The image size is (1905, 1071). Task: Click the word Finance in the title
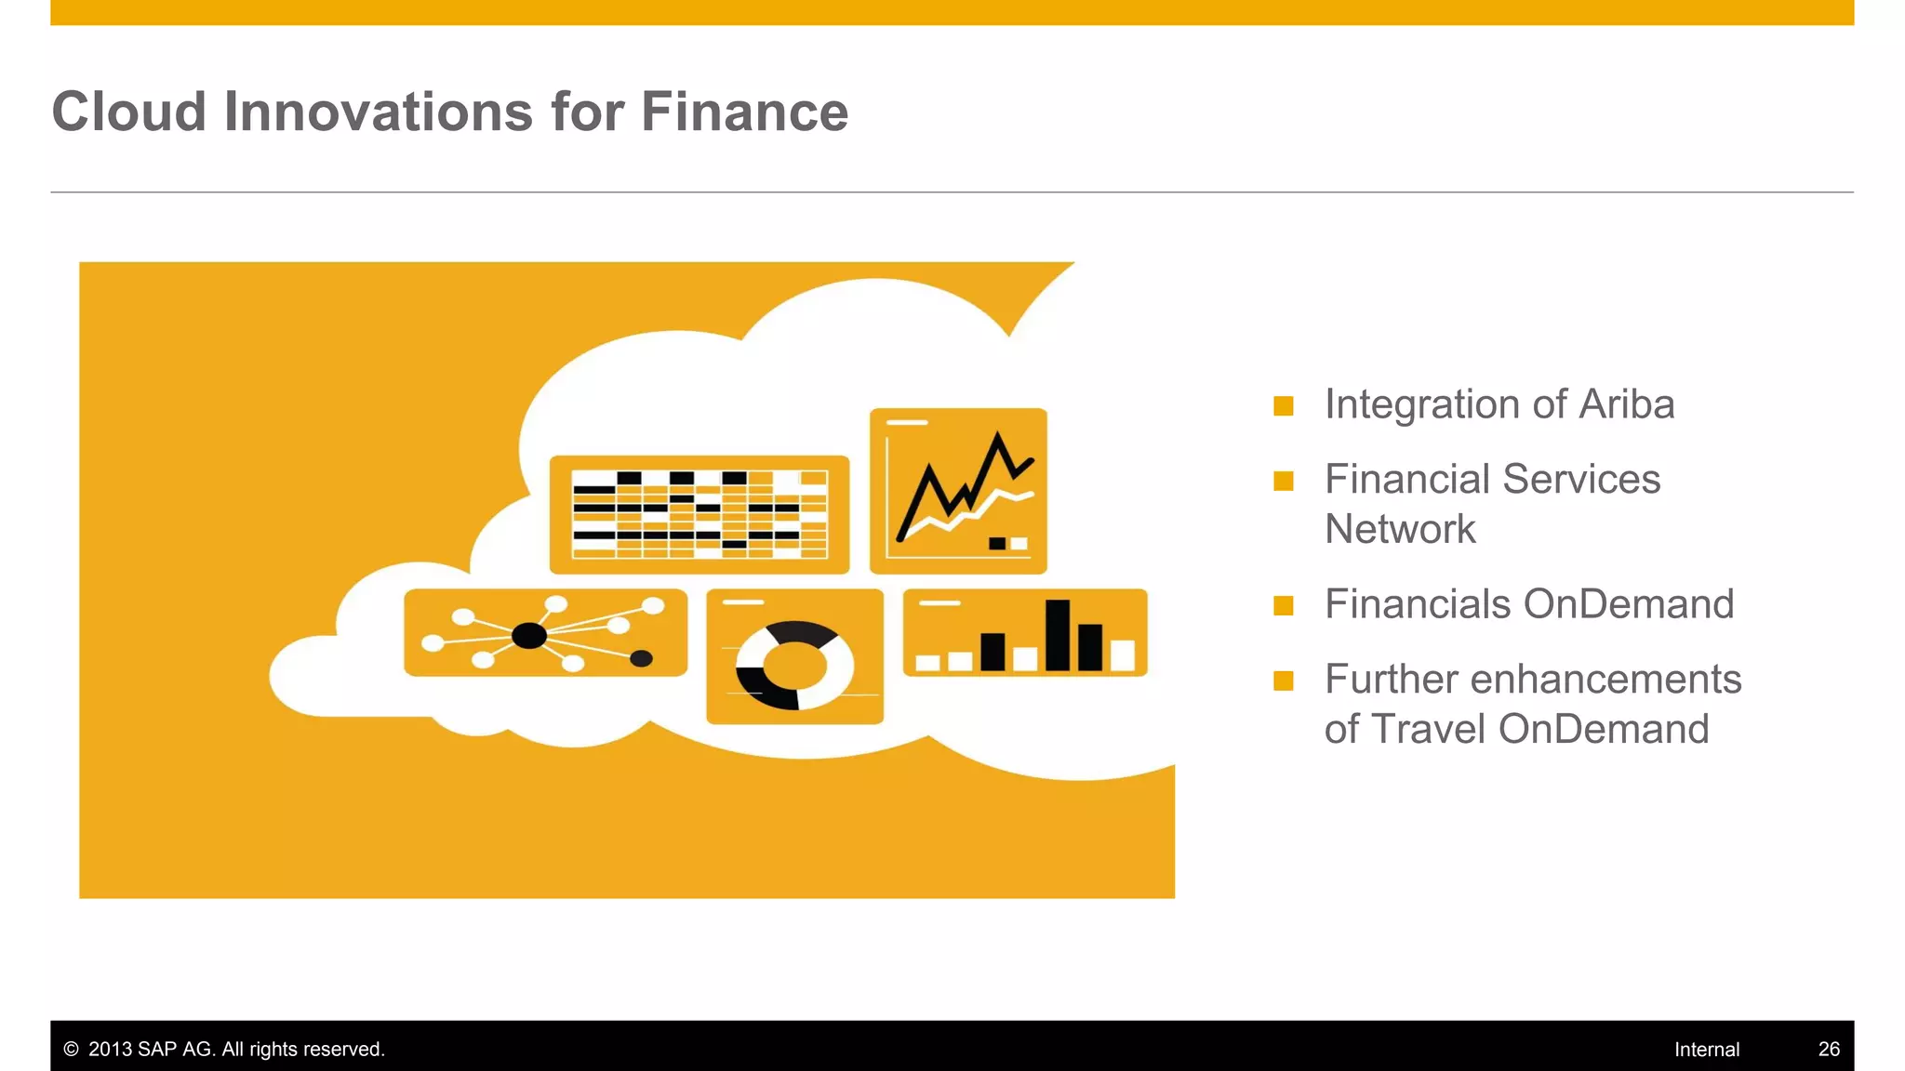pos(744,112)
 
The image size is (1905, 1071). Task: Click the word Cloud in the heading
pos(128,112)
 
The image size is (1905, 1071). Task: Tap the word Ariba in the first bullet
pos(1626,404)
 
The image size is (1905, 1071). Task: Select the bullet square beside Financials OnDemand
pos(1284,606)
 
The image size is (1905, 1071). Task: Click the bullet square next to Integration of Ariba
pos(1284,406)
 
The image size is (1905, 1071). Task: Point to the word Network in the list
pos(1400,529)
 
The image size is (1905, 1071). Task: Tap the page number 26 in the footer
pos(1829,1049)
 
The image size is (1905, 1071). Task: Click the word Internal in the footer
pos(1706,1049)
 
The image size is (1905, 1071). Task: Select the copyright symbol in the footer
pos(71,1049)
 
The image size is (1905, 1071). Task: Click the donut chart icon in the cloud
pos(794,665)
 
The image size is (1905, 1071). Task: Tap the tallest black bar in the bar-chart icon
pos(1057,635)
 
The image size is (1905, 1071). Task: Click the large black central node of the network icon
pos(529,636)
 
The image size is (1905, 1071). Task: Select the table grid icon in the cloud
pos(699,514)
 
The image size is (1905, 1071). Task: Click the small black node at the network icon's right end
pos(641,659)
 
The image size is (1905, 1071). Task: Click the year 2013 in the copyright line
pos(110,1049)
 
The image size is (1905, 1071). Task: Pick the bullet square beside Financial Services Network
pos(1284,482)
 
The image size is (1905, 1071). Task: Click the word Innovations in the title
pos(378,112)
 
